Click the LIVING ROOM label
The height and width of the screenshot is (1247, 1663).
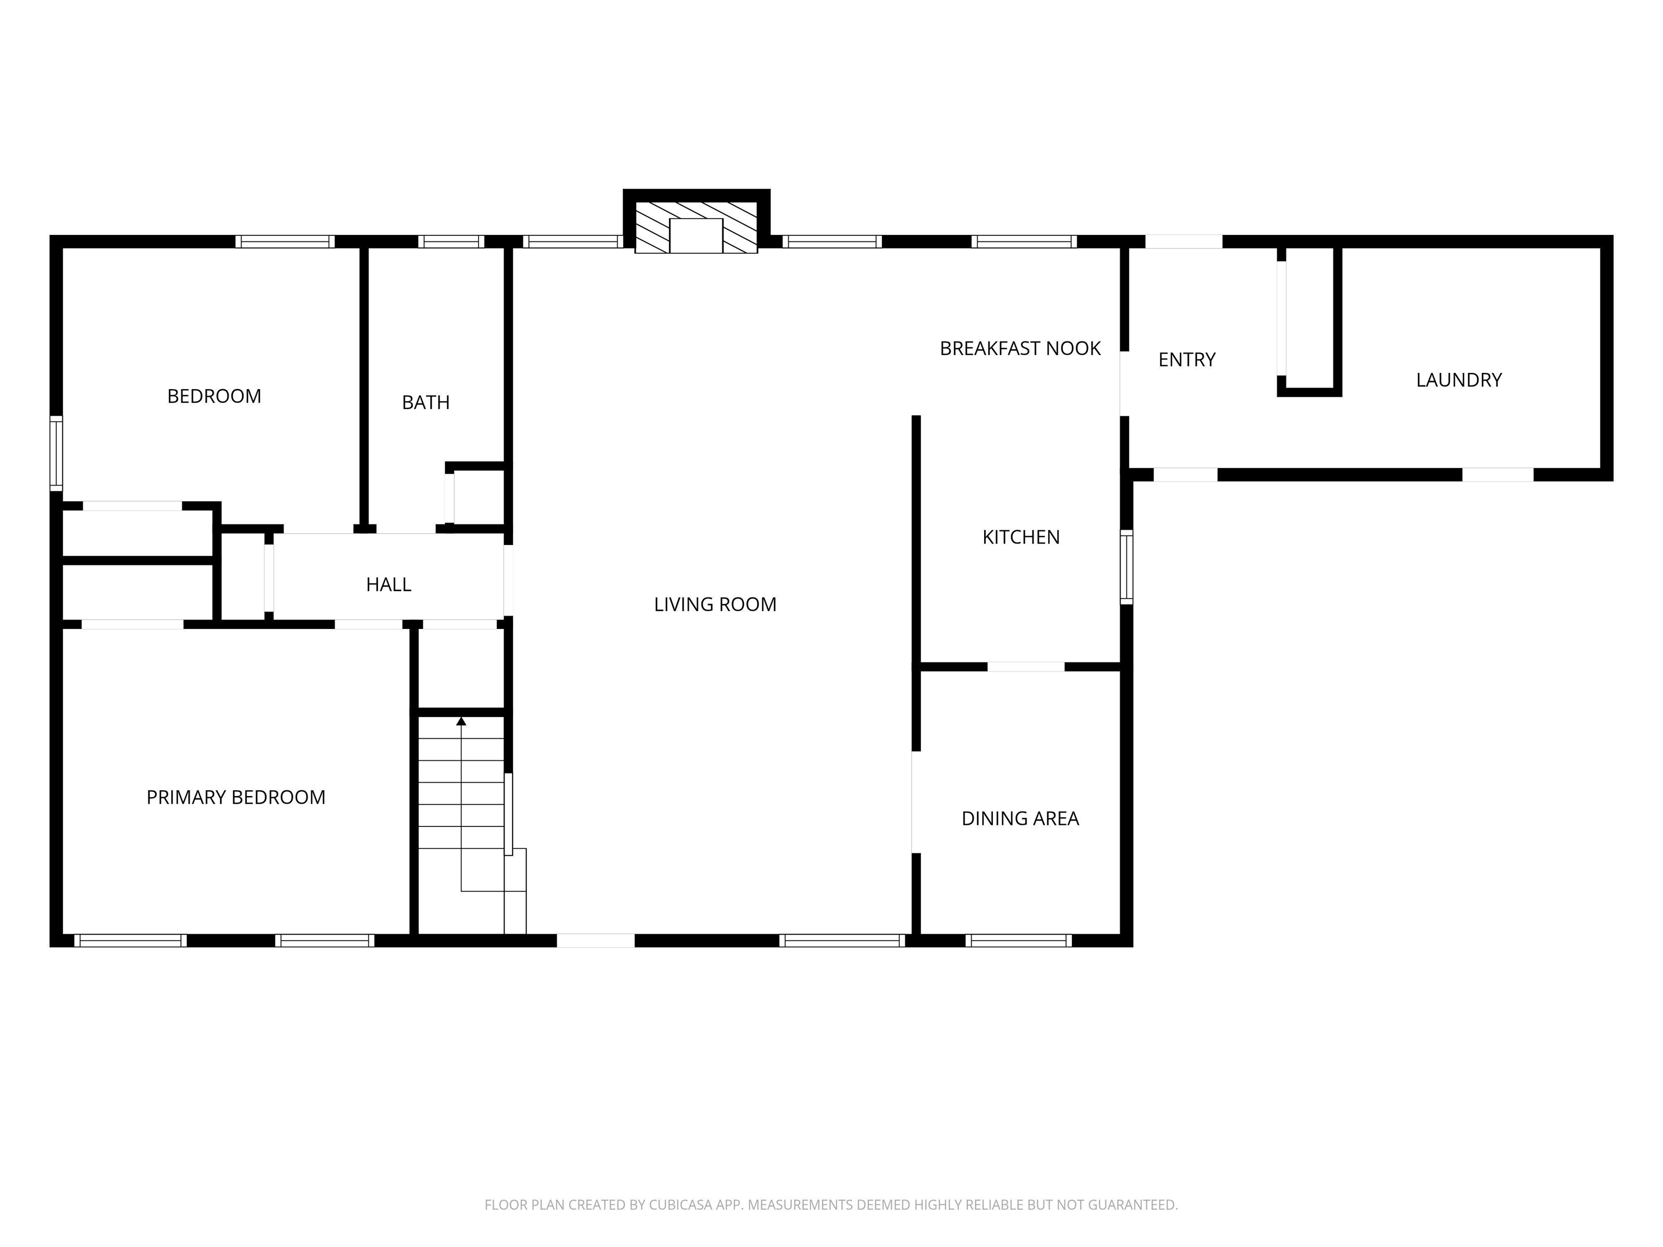coord(715,605)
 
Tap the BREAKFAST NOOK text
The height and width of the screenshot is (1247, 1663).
coord(1020,348)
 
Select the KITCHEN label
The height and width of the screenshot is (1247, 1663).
coord(1021,537)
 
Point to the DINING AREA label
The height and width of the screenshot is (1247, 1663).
coord(1020,818)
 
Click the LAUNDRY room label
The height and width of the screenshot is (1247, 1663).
coord(1458,379)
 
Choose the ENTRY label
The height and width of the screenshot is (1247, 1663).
coord(1187,359)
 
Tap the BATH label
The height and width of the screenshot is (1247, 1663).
coord(425,402)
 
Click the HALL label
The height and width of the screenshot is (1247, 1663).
coord(389,584)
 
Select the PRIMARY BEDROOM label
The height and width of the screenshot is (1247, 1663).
coord(236,797)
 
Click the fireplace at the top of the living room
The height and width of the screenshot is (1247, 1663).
coord(696,226)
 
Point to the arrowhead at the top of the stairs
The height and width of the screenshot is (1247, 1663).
coord(461,721)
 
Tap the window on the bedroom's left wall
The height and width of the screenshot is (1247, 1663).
coord(56,453)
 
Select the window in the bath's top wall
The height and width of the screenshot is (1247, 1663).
coord(451,241)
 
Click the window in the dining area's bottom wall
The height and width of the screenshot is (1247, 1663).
coord(1019,940)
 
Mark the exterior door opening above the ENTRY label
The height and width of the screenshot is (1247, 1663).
coord(1183,241)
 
